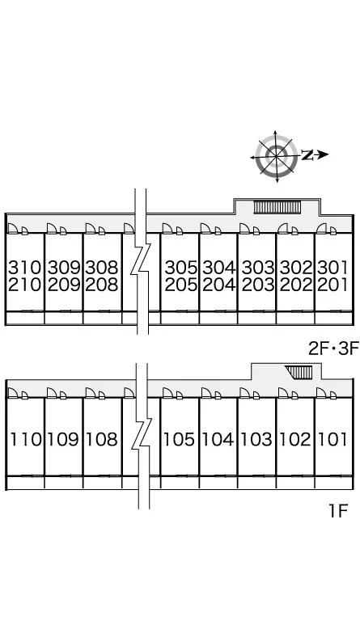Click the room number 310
(x=24, y=268)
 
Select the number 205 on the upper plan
(x=180, y=285)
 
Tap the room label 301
(x=332, y=268)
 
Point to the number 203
(x=258, y=285)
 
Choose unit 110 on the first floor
(x=25, y=439)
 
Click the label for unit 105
(x=180, y=439)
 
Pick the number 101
(x=332, y=439)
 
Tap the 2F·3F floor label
(x=333, y=349)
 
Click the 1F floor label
(x=338, y=511)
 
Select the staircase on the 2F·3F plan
(x=277, y=207)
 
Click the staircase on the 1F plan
(x=299, y=372)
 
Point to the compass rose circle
(x=276, y=155)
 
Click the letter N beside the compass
(x=307, y=155)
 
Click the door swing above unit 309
(x=52, y=229)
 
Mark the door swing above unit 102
(x=283, y=393)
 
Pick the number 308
(x=102, y=268)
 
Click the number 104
(x=218, y=439)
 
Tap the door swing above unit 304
(x=205, y=229)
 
